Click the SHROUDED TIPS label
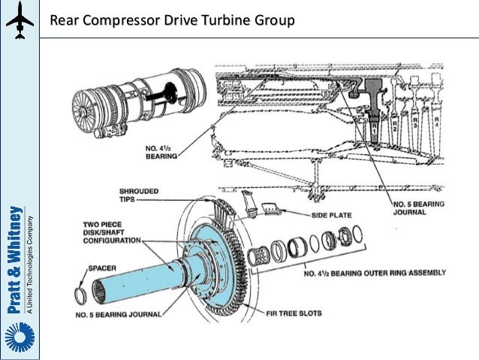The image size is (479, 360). tap(139, 196)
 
